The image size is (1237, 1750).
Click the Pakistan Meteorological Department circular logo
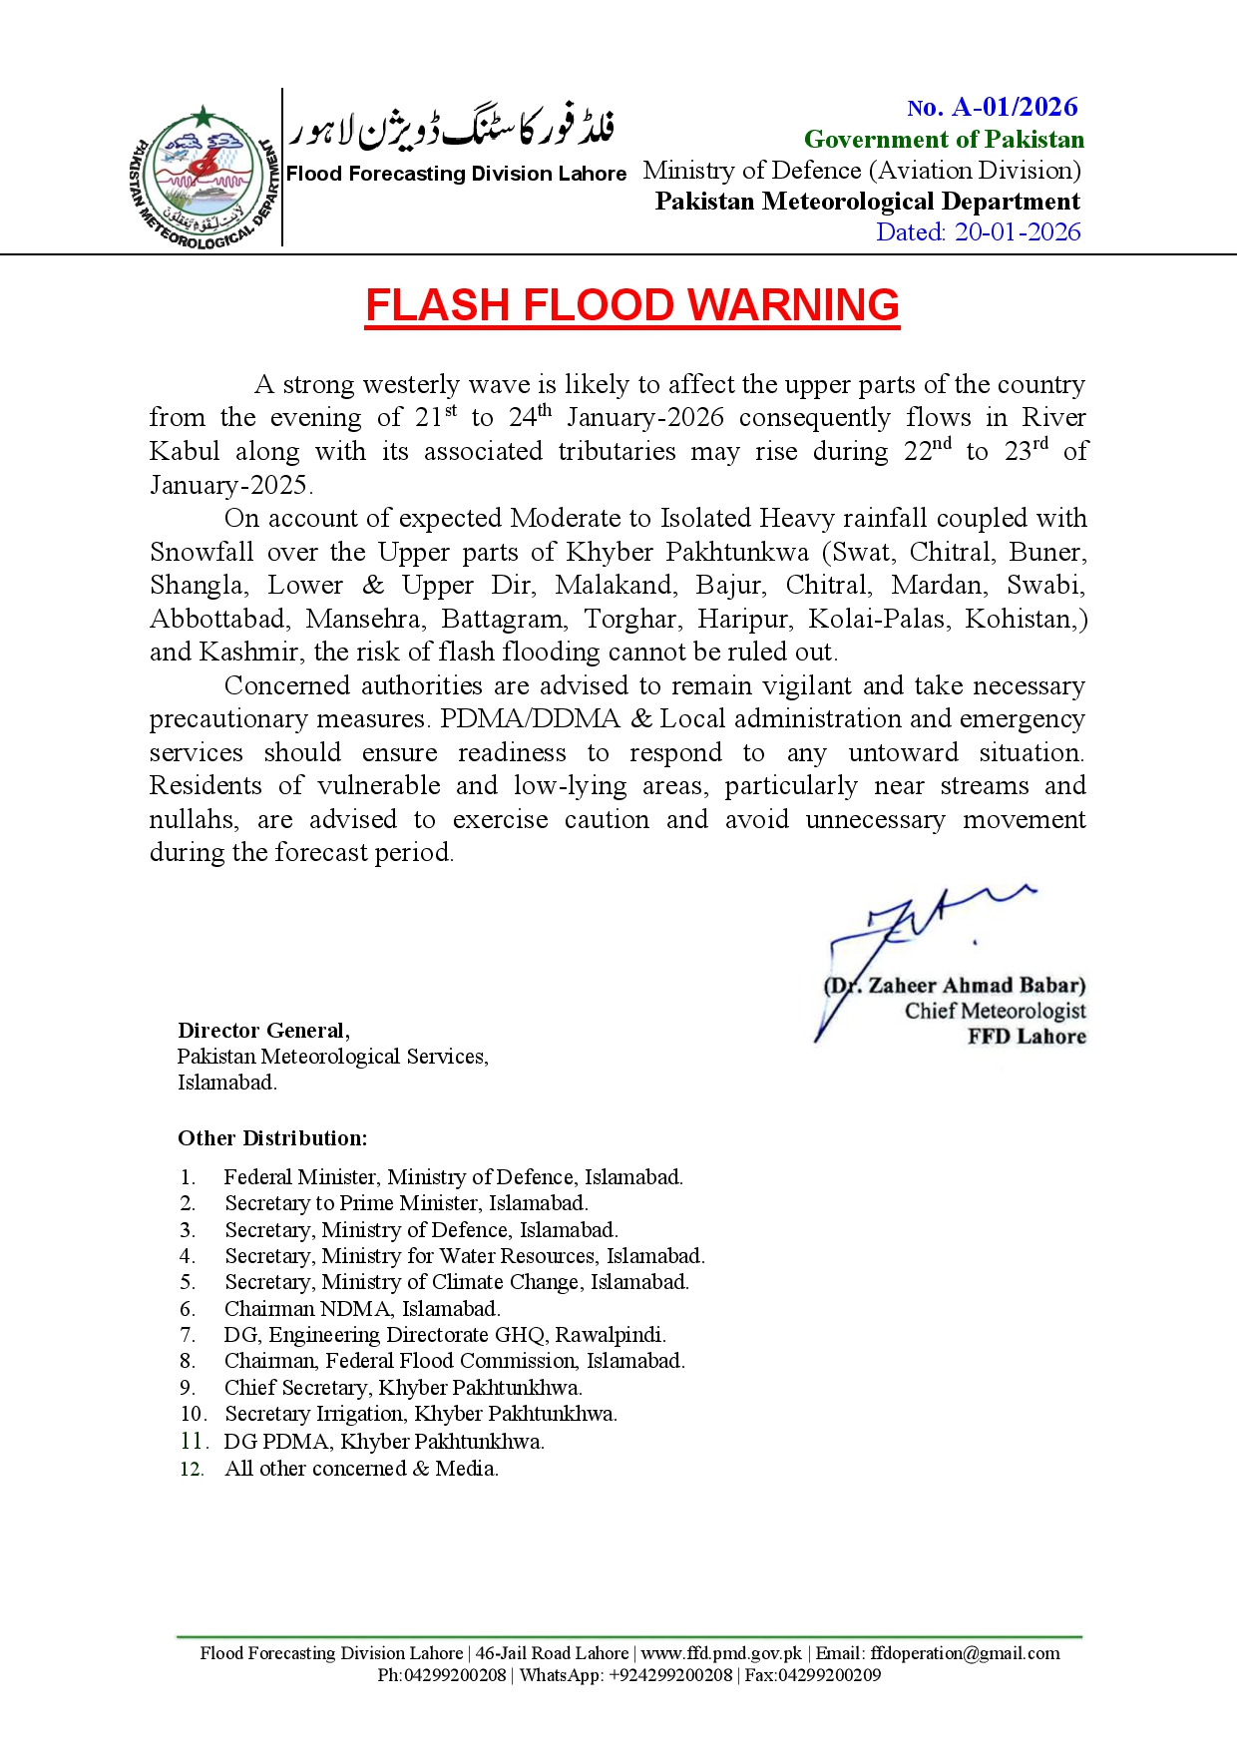pos(203,177)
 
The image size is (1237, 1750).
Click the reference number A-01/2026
pos(1015,108)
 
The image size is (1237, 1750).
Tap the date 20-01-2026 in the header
pos(1018,232)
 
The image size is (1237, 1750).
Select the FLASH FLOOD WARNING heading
pos(632,305)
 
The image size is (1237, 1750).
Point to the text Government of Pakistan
pos(944,140)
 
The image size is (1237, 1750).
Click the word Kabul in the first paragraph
pos(185,452)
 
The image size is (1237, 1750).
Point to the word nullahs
pos(194,820)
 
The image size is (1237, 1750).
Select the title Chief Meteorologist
pos(995,1011)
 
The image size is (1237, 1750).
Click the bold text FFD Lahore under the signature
pos(1027,1037)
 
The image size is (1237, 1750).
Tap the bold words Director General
pos(263,1031)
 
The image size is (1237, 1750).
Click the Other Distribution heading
pos(272,1138)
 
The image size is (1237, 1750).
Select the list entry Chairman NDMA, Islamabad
pos(362,1309)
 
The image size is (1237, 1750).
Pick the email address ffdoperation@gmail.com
pos(965,1653)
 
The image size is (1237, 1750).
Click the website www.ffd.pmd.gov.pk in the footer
pos(720,1653)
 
